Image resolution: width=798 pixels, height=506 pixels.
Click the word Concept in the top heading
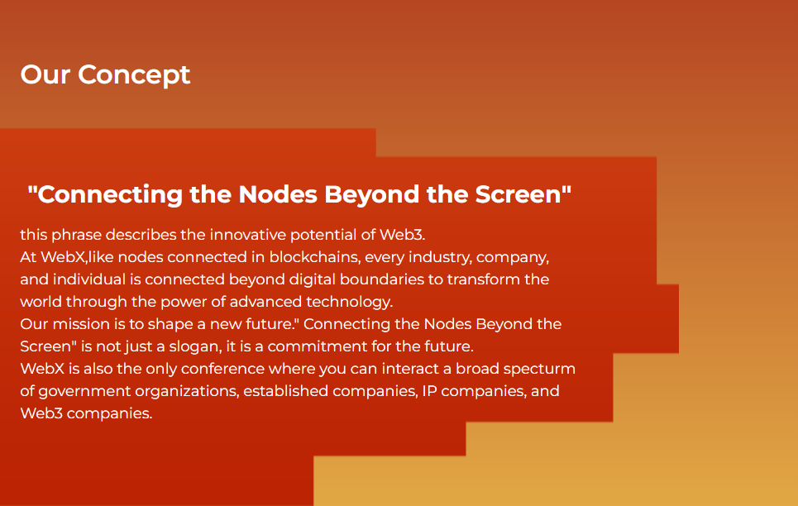134,75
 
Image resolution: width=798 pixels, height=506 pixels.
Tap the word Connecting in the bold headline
109,195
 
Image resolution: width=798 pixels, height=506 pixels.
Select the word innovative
248,235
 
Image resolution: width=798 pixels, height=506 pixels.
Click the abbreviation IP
429,391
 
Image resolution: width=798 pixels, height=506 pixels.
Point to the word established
285,391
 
